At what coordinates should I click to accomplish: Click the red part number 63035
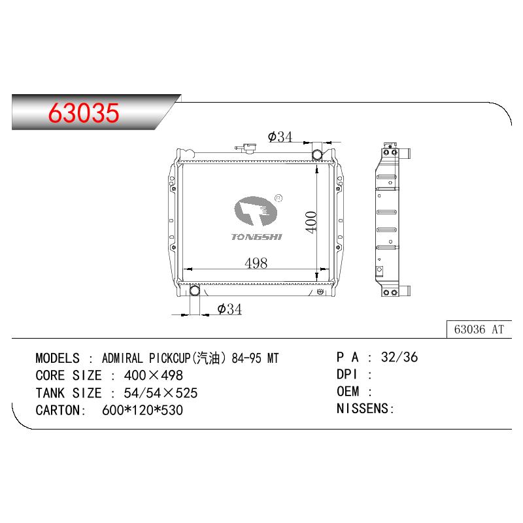(84, 112)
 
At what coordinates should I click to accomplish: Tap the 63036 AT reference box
(479, 329)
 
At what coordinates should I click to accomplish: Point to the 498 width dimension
(256, 263)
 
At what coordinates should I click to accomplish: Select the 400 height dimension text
(311, 222)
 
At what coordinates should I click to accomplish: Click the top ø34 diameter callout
(280, 137)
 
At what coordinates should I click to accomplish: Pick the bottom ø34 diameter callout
(229, 309)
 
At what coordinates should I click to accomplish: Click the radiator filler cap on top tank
(247, 148)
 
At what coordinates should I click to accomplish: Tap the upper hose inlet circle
(317, 155)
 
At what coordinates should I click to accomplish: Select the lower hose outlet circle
(194, 290)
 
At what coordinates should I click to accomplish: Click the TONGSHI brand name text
(256, 237)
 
